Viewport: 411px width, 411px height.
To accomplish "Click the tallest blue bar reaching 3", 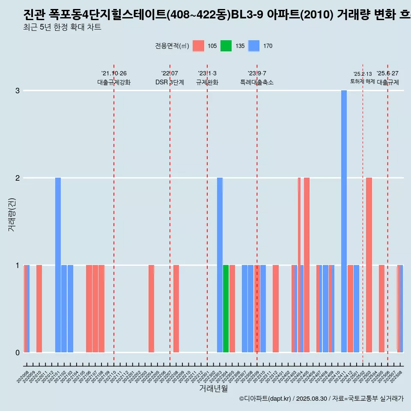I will (x=344, y=221).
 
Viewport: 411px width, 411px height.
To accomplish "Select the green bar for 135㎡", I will (x=226, y=309).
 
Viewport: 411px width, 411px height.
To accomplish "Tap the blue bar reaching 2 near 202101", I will (x=58, y=265).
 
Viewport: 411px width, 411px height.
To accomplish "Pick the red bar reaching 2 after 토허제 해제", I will (x=369, y=265).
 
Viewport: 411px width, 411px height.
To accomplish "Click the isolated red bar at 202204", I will (x=151, y=309).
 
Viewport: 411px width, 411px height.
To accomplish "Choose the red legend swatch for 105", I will (x=198, y=46).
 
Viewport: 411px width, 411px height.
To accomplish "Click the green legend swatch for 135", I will (x=226, y=46).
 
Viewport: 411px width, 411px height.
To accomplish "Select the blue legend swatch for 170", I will (x=254, y=46).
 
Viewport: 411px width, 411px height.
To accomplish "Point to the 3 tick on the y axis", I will (x=18, y=90).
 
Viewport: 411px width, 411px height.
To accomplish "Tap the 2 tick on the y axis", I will (x=18, y=178).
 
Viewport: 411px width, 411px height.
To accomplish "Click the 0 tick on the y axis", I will (x=18, y=352).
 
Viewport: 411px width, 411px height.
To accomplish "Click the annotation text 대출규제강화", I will (x=114, y=82).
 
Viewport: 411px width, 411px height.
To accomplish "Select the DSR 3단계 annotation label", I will (x=170, y=82).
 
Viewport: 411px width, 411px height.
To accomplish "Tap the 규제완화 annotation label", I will (x=207, y=82).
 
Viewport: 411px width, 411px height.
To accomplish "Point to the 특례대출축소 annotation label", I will (x=257, y=82).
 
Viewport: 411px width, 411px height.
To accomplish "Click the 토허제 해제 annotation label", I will (x=362, y=81).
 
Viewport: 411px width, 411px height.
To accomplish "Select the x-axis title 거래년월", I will (x=214, y=388).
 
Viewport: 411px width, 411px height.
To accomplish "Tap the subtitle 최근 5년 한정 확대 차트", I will (x=62, y=27).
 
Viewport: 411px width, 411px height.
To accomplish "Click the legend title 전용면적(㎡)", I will (x=172, y=46).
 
